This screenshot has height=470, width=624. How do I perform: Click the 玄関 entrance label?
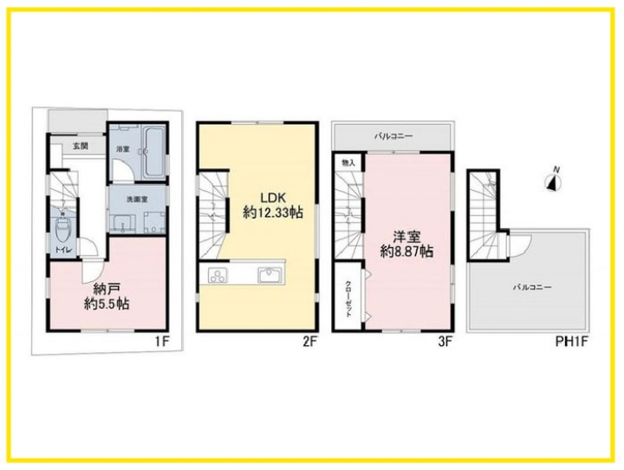(81, 147)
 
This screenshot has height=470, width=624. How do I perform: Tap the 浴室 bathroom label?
(122, 149)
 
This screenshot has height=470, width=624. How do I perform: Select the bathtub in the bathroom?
(153, 153)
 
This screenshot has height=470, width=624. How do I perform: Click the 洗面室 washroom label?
(137, 199)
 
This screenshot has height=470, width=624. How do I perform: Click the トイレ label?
(63, 250)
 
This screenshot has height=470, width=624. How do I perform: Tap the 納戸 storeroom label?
(107, 289)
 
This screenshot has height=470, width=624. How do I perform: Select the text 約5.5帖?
(107, 304)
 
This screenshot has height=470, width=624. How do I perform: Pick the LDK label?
(273, 198)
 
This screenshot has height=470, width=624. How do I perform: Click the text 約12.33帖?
(273, 213)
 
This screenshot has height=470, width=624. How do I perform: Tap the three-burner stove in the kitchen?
(218, 275)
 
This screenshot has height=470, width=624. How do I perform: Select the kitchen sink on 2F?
(270, 275)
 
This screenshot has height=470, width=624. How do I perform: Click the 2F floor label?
(309, 342)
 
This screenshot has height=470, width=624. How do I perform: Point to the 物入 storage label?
(348, 163)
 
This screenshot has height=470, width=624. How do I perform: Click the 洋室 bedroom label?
(406, 238)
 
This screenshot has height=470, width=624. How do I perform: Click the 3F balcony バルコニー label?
(393, 137)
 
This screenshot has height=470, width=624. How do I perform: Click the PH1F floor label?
(571, 342)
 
